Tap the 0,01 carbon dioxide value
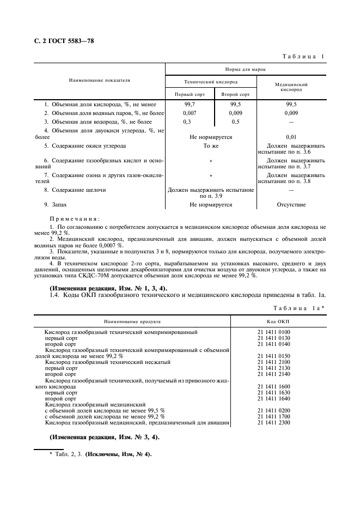(x=291, y=137)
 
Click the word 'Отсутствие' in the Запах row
(x=291, y=205)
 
